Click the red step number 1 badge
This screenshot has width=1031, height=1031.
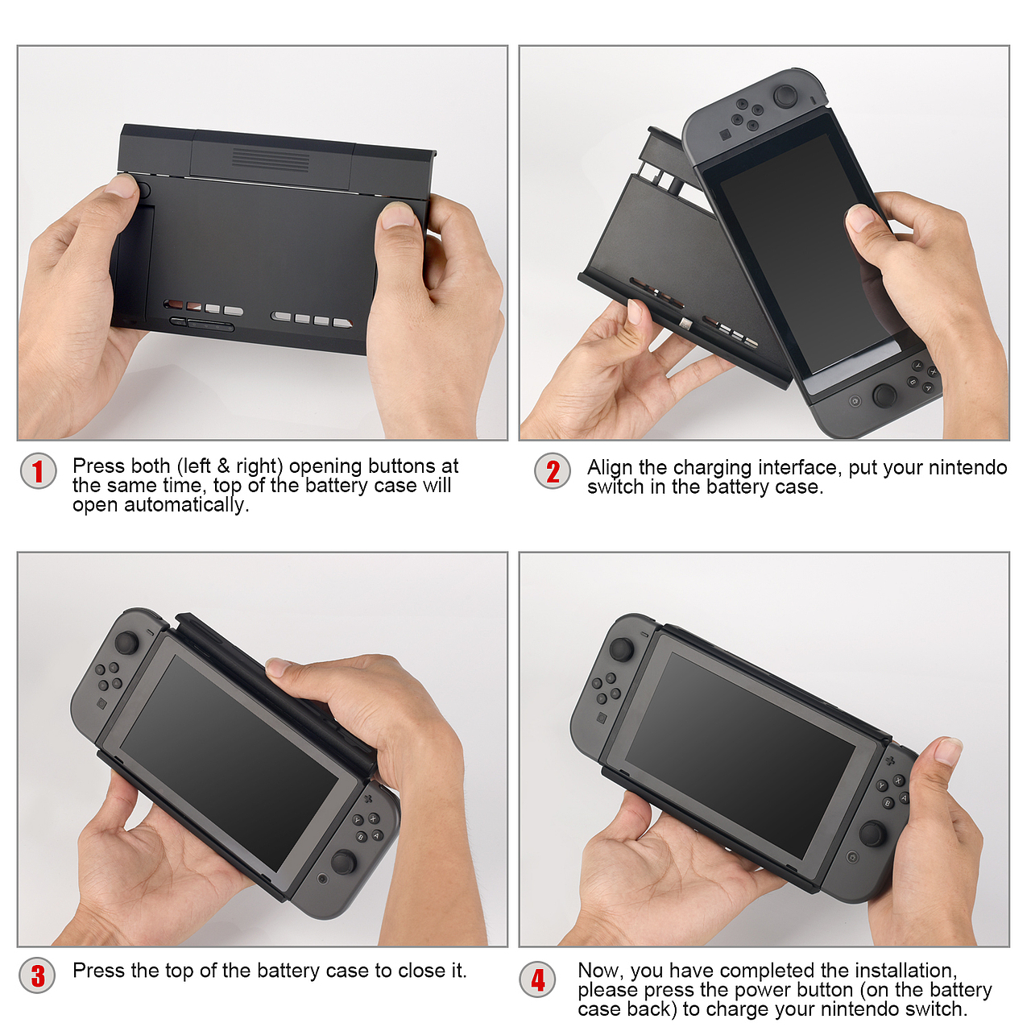point(38,471)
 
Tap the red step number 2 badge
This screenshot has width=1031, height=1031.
point(553,471)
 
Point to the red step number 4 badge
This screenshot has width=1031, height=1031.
point(538,979)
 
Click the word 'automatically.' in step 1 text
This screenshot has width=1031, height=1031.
point(187,505)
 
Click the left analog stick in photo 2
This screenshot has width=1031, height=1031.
point(785,97)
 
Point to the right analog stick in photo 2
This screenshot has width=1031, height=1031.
point(885,395)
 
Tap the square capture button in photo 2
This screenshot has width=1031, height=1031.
point(726,135)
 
